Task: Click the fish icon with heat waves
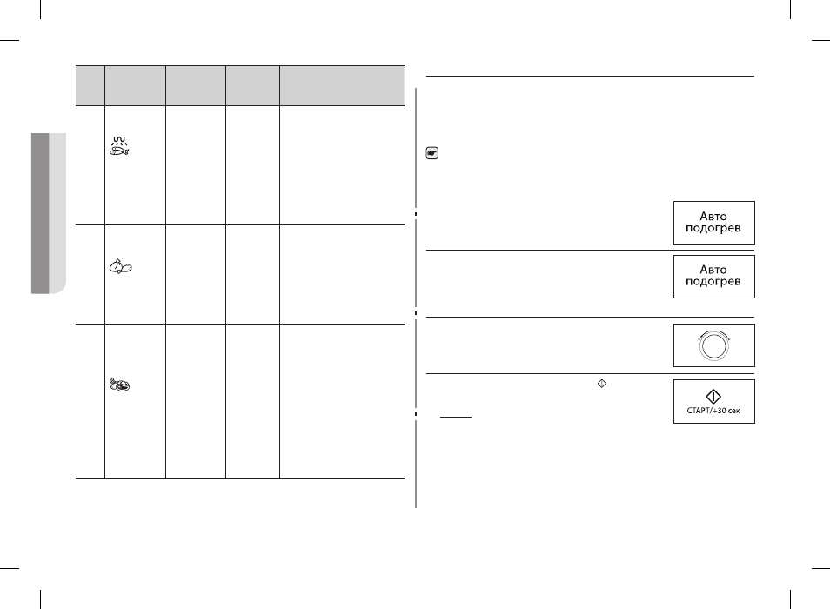coord(119,146)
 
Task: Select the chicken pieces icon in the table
coord(121,267)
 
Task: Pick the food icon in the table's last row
coord(120,385)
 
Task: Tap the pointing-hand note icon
coord(432,153)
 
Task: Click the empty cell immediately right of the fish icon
coord(196,165)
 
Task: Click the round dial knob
coord(713,346)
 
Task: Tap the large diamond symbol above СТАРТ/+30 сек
coord(713,397)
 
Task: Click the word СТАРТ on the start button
coord(699,412)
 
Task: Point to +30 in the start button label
coord(719,412)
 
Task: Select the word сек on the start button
coord(733,412)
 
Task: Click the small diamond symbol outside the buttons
coord(602,384)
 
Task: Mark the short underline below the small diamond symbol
coord(456,417)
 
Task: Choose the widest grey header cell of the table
coord(342,86)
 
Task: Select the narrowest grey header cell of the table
coord(90,86)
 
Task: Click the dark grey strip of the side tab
coord(40,213)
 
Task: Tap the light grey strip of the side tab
coord(57,213)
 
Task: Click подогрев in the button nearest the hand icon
coord(713,229)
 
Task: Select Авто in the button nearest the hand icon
coord(713,216)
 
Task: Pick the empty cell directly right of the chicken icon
coord(196,274)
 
